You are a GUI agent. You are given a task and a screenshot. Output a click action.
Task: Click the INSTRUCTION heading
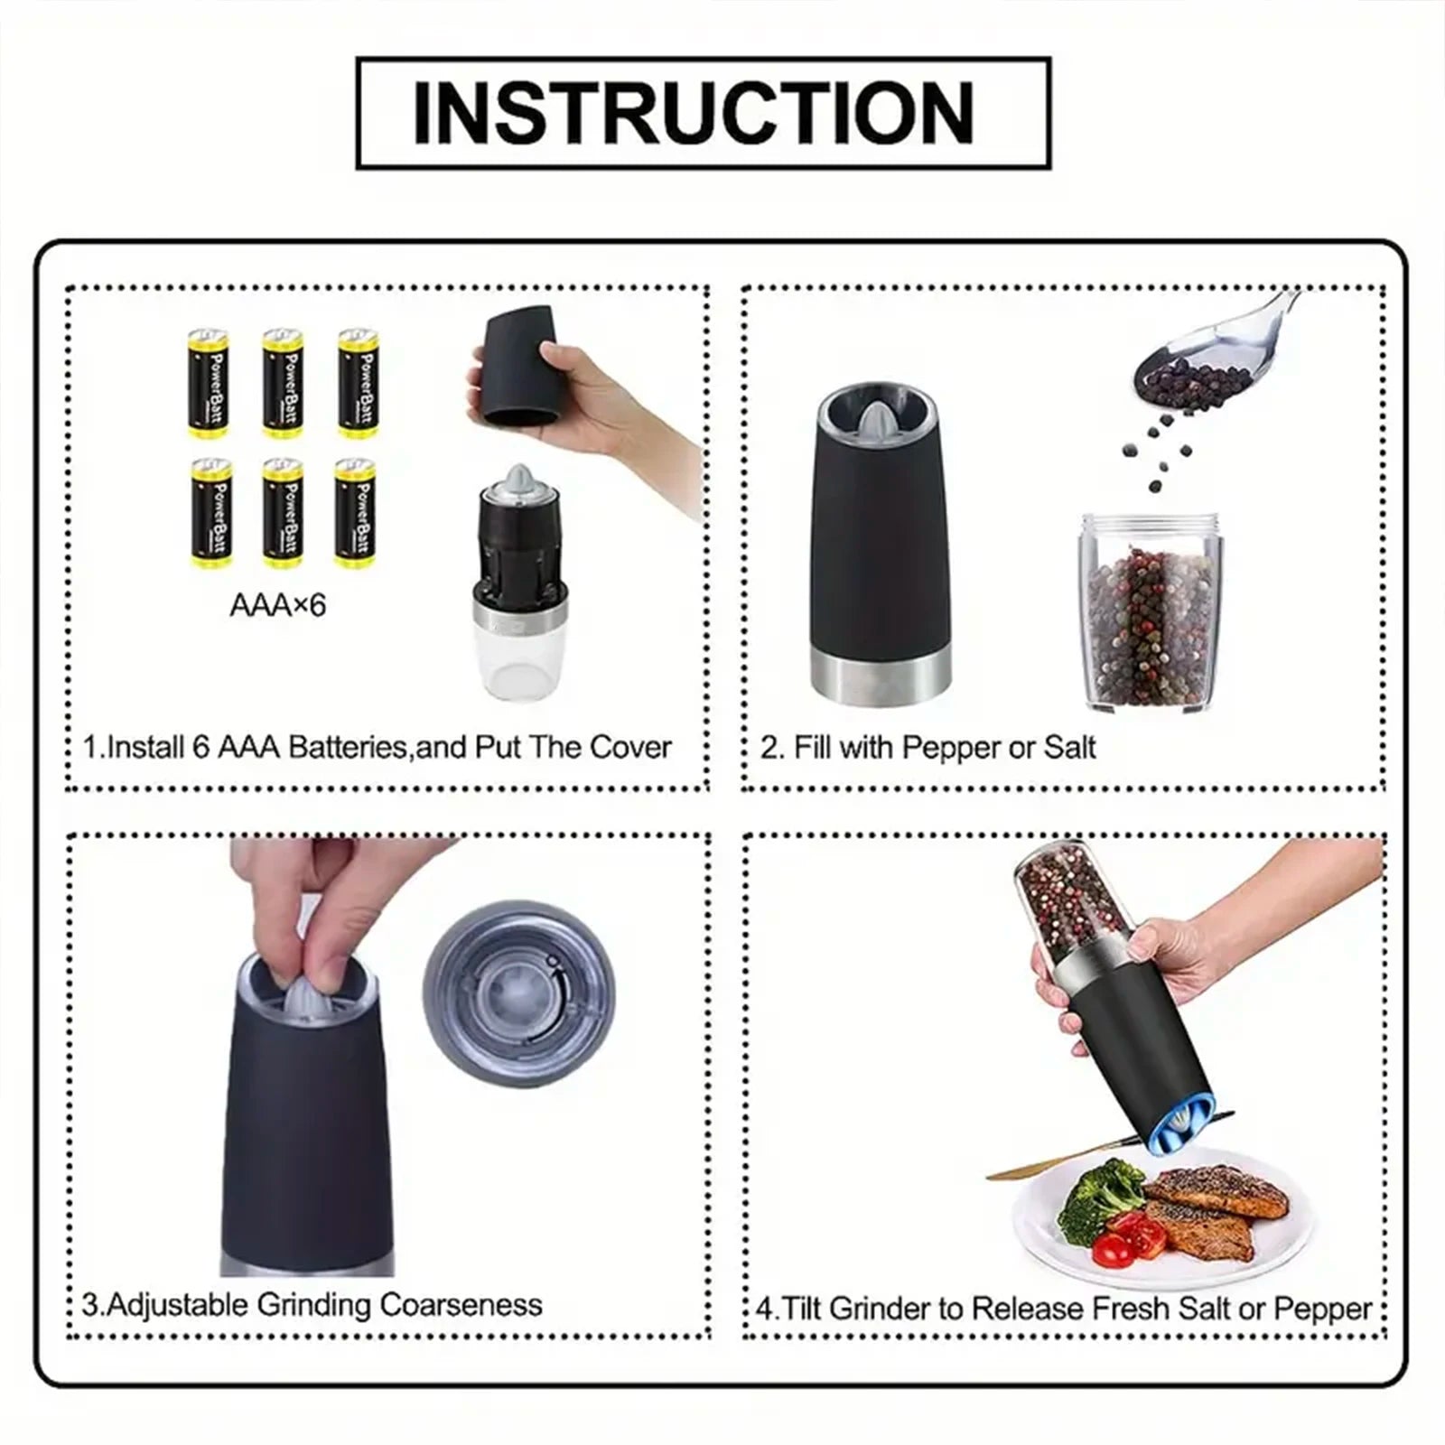(693, 114)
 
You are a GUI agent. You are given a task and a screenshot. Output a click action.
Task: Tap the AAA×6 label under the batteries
(277, 606)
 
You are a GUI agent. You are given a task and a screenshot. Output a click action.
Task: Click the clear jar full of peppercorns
(1147, 614)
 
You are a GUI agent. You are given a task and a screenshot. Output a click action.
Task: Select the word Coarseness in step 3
(461, 1305)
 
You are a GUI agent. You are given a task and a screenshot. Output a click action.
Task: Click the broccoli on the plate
(1099, 1195)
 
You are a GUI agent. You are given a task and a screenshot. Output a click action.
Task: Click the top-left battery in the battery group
(208, 383)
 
